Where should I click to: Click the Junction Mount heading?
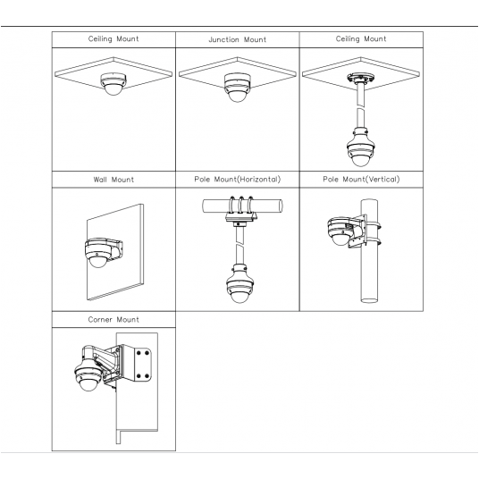[x=238, y=39]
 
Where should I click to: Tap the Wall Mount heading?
[x=113, y=180]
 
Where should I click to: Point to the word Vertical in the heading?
[x=383, y=180]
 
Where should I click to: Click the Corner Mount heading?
[x=113, y=320]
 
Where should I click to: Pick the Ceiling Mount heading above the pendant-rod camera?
[x=361, y=38]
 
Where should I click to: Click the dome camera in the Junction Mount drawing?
[x=238, y=88]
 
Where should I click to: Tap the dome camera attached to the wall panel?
[x=98, y=253]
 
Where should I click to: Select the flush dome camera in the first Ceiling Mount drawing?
[x=113, y=84]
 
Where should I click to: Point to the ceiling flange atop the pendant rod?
[x=360, y=78]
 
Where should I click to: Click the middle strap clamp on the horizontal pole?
[x=241, y=205]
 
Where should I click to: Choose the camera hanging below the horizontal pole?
[x=239, y=284]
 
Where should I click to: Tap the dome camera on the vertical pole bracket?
[x=339, y=231]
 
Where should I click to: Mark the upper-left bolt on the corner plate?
[x=139, y=353]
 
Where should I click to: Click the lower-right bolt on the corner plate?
[x=147, y=375]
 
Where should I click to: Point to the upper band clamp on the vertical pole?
[x=373, y=227]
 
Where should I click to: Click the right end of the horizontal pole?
[x=280, y=206]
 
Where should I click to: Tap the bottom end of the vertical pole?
[x=369, y=300]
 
